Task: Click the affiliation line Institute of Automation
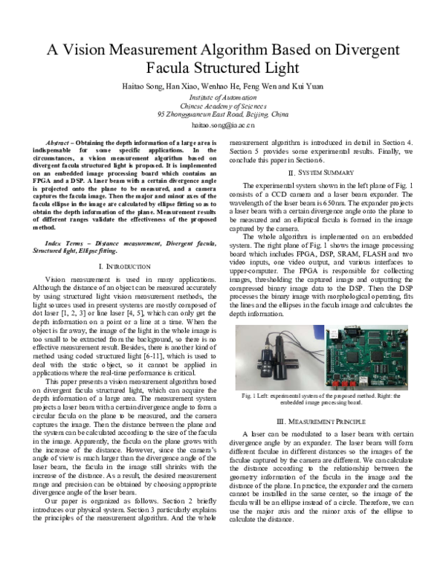point(223,97)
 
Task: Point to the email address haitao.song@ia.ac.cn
point(223,126)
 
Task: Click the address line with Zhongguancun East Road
point(223,115)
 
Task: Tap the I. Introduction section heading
point(126,266)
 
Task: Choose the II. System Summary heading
point(320,173)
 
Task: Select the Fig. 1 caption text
point(320,399)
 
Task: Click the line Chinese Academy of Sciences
point(223,106)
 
